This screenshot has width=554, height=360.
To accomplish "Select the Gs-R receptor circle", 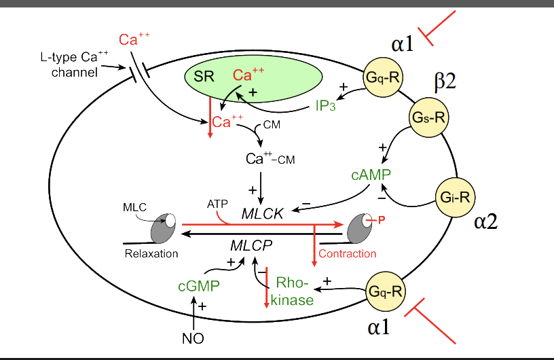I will tap(429, 117).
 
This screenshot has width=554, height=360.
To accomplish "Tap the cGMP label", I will tap(198, 287).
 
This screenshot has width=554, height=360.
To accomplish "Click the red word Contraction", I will tap(347, 253).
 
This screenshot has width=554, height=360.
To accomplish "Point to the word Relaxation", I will tap(151, 253).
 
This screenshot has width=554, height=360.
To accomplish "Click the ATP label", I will tap(216, 203).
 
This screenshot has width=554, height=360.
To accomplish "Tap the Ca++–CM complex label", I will tap(270, 159).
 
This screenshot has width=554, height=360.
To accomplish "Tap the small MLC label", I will tap(132, 205).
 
